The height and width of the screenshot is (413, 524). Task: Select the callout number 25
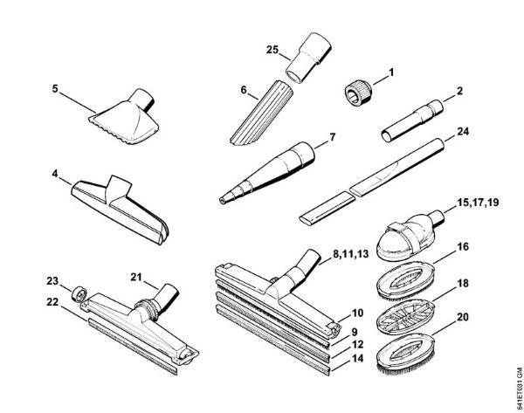tap(272, 51)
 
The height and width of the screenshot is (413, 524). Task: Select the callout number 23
tap(52, 281)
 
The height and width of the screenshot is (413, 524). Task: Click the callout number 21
tap(137, 276)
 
